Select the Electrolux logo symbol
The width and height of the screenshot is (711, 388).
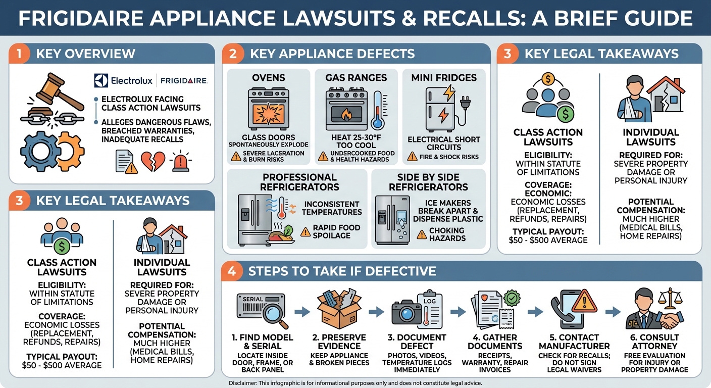pos(101,81)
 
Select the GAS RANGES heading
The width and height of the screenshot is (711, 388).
pos(356,78)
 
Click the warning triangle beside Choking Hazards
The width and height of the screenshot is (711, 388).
pos(421,234)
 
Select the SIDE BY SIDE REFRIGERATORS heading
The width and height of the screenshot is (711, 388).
pos(428,182)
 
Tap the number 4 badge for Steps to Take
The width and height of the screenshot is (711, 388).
pos(232,271)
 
